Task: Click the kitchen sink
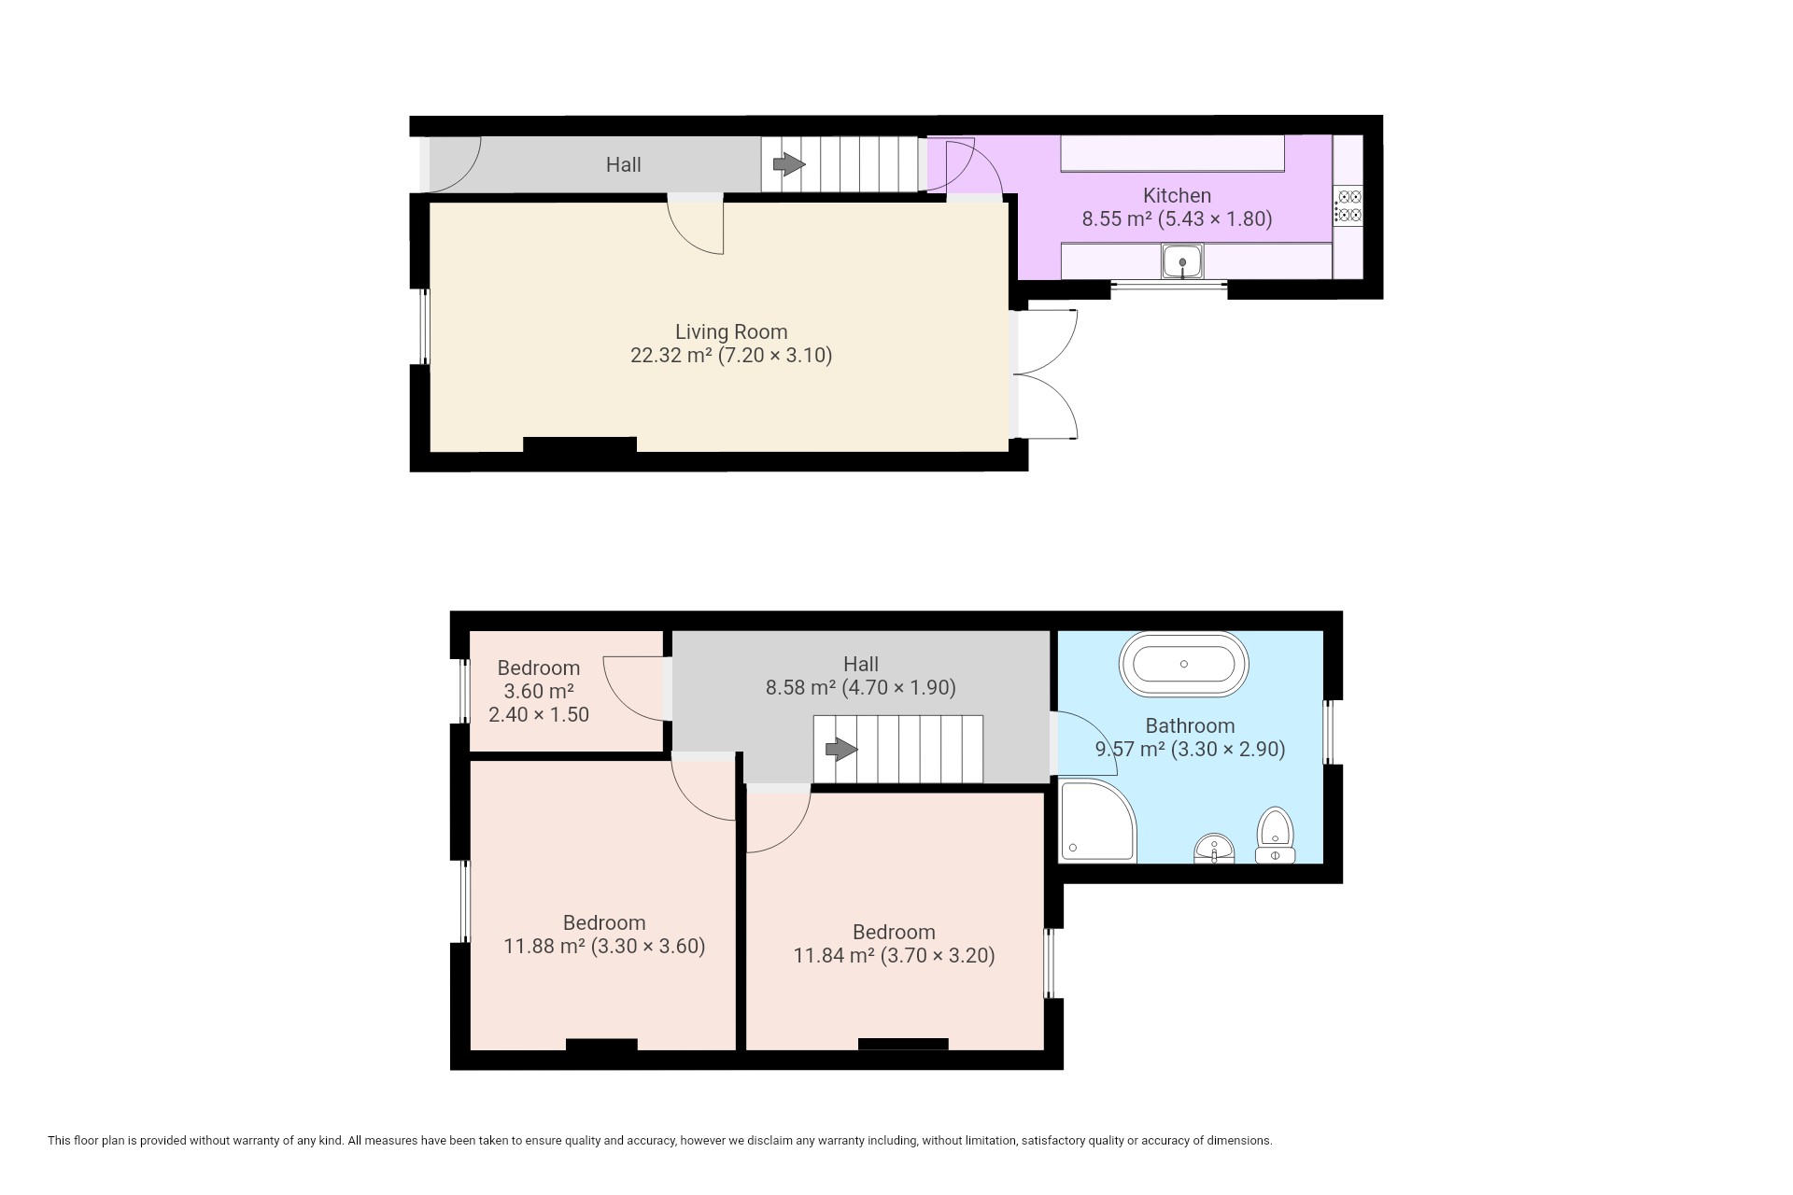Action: (x=1182, y=260)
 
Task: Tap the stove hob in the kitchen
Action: (x=1348, y=205)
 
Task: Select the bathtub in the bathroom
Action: (x=1183, y=665)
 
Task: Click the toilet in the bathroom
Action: (x=1275, y=836)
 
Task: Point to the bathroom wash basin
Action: (x=1214, y=849)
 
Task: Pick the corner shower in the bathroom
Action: (x=1098, y=822)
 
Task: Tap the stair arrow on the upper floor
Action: (x=841, y=749)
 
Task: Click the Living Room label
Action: (x=731, y=331)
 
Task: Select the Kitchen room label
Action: (x=1177, y=195)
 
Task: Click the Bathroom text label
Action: (x=1190, y=725)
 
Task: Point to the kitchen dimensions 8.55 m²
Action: (x=1117, y=219)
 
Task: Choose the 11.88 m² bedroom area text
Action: (x=544, y=946)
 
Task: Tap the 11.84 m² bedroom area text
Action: (x=834, y=955)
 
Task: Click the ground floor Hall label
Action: (x=623, y=164)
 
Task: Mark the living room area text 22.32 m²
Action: (x=671, y=355)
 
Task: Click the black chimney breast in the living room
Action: (x=579, y=444)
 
